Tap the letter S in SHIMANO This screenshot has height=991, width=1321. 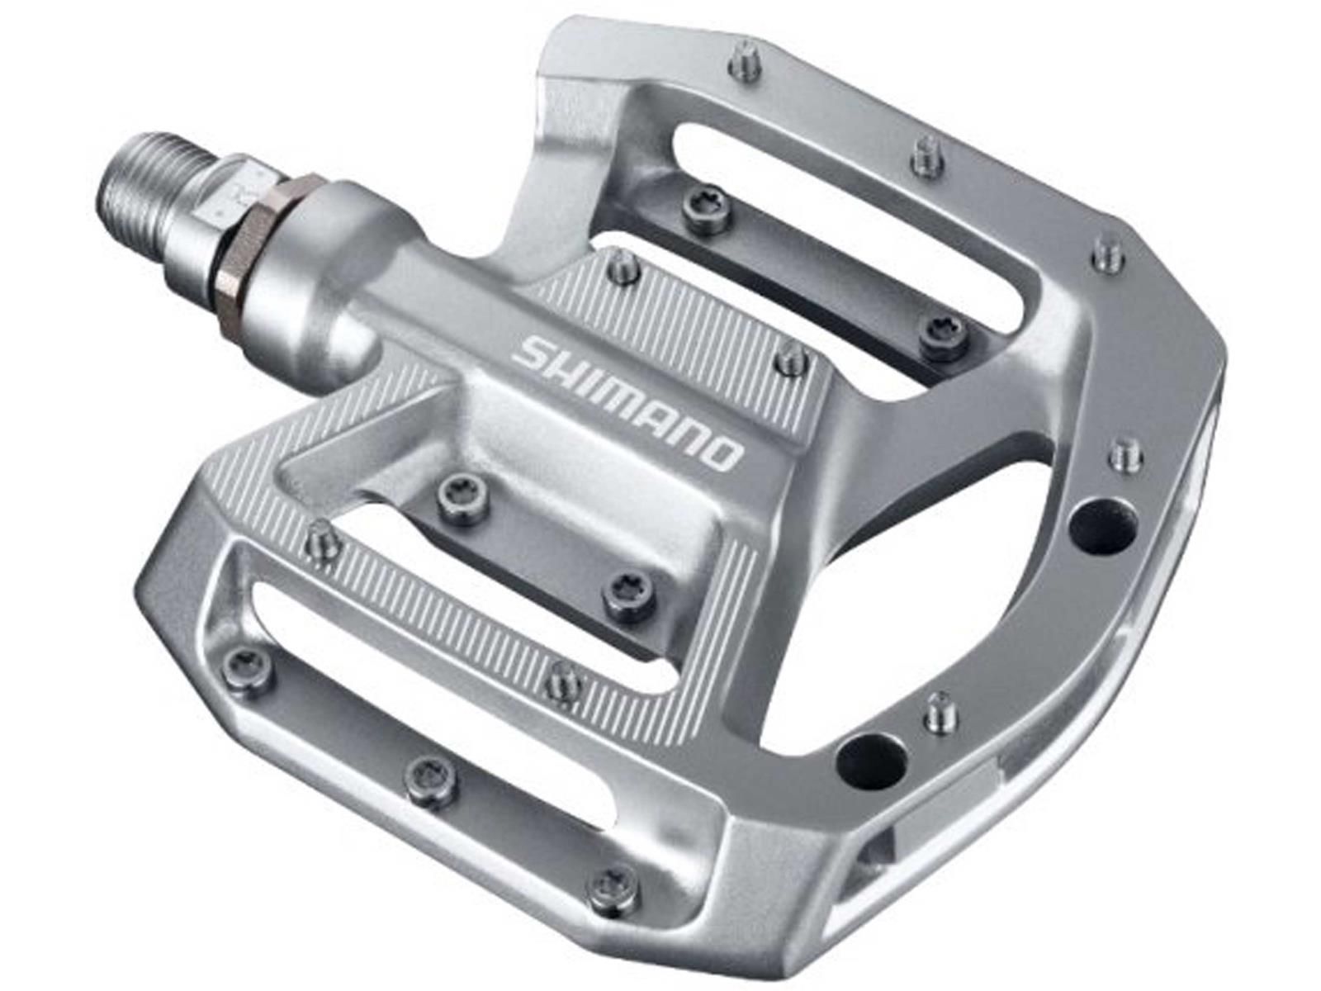point(533,352)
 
